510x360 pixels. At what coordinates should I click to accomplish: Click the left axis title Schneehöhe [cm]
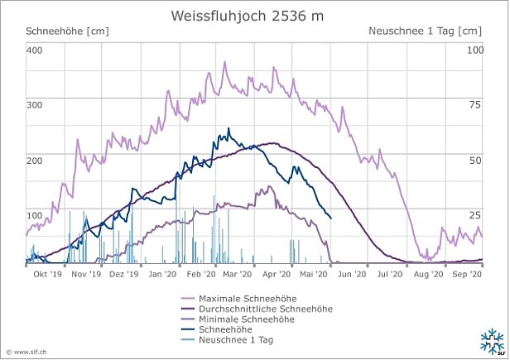tap(68, 31)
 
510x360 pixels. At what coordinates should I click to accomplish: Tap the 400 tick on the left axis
tap(34, 50)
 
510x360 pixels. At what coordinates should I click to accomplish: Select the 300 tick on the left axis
tap(34, 105)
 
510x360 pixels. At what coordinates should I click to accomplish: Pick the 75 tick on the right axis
tap(475, 105)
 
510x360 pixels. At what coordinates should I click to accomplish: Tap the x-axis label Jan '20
tap(161, 273)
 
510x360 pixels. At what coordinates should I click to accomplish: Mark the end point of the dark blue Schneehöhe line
tap(331, 218)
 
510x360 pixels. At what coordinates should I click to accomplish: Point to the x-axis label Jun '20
tap(352, 273)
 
